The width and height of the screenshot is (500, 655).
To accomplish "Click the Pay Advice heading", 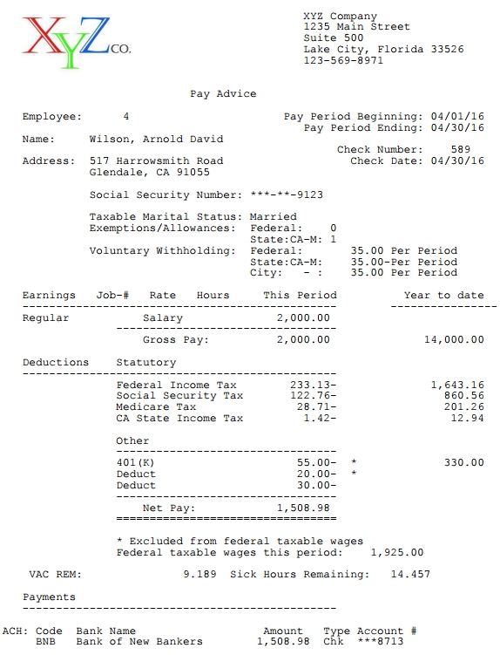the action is coord(223,94).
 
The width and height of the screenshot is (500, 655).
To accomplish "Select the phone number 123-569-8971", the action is coord(343,60).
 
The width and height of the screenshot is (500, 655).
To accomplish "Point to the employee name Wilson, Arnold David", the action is coord(156,139).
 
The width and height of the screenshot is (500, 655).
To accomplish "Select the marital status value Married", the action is coord(273,216).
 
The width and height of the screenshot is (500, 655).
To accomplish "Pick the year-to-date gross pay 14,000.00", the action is coord(454,339).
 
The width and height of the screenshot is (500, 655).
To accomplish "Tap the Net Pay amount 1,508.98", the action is coord(303,507).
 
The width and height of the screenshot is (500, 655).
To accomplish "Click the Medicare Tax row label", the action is coord(156,407).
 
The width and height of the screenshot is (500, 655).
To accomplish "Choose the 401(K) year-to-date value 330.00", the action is coord(463,462).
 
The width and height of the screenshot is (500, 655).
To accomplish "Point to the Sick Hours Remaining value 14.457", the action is coord(409,574).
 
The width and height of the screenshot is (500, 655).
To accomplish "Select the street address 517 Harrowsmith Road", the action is coord(156,161).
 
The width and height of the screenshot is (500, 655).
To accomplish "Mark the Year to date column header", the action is coord(443,295).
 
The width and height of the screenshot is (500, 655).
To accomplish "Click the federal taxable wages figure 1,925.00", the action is coord(397,552).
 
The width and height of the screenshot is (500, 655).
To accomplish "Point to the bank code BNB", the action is coord(45,642).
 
